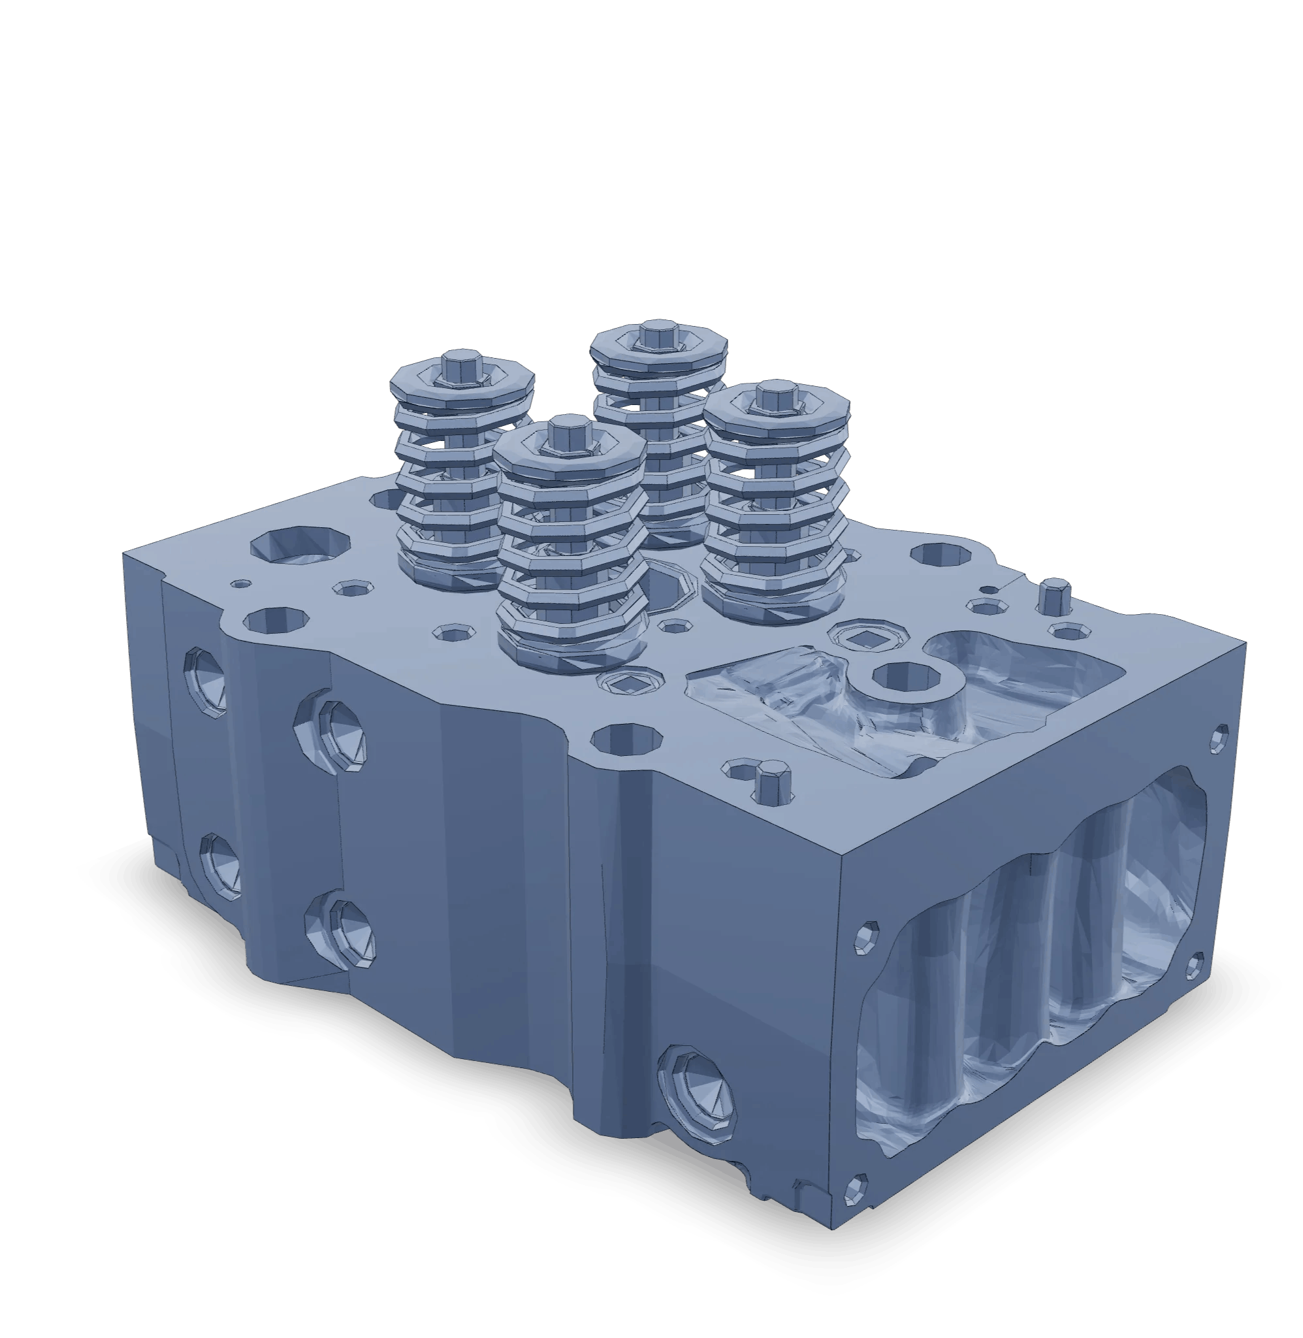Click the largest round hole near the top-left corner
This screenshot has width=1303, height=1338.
[x=300, y=544]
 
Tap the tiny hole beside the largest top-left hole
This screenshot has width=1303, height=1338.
[x=241, y=584]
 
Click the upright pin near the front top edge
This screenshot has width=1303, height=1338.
[x=774, y=779]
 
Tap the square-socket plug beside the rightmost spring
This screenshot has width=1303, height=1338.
[x=861, y=637]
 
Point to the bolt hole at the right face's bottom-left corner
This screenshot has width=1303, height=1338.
[x=856, y=1190]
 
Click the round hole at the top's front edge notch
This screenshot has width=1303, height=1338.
[x=626, y=740]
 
